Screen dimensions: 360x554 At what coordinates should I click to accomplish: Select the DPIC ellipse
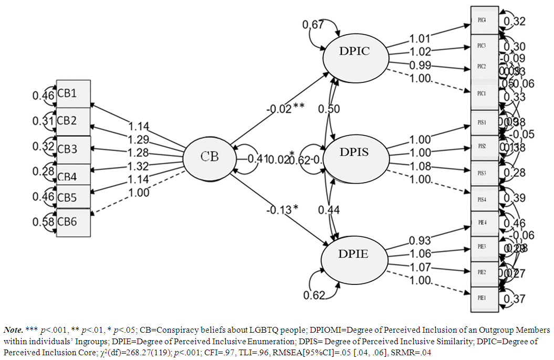click(356, 51)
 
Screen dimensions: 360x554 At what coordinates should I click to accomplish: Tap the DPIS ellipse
click(354, 153)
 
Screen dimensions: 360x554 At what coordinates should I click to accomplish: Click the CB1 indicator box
click(73, 94)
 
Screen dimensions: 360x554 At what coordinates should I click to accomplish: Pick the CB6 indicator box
click(73, 222)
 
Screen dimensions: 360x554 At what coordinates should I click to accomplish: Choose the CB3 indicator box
click(73, 149)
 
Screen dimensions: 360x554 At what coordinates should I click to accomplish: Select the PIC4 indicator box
click(484, 20)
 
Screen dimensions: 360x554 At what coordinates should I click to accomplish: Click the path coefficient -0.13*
click(282, 209)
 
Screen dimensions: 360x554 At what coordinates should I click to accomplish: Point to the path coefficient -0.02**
click(285, 109)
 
